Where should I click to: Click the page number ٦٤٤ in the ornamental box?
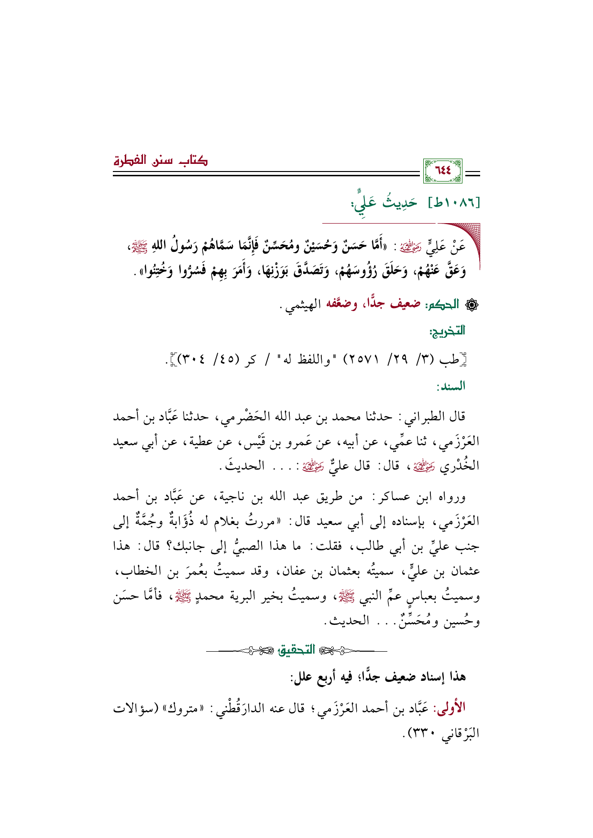[x=443, y=171]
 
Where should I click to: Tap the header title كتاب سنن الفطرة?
[x=160, y=161]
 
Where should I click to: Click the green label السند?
[x=450, y=386]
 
